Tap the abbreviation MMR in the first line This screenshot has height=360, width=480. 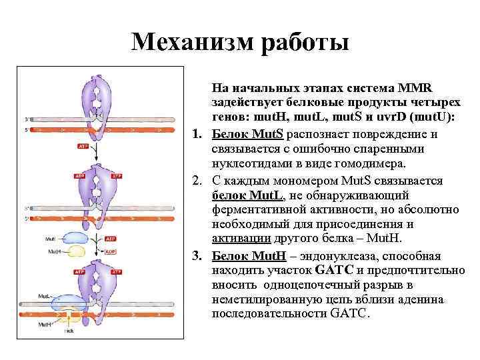click(417, 87)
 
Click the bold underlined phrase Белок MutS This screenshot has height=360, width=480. click(248, 135)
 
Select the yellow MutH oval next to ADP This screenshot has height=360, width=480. click(75, 252)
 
